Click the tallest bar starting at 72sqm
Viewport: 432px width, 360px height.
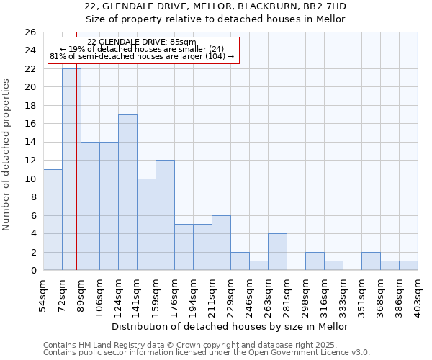[71, 169]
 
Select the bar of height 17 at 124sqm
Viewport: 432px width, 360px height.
[127, 192]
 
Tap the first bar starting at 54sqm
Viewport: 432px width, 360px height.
[53, 220]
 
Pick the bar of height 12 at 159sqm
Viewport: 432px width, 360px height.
[165, 215]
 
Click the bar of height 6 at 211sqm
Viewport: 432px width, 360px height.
[221, 243]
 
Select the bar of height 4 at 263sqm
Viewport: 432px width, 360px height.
[277, 252]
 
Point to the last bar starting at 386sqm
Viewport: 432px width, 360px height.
[408, 266]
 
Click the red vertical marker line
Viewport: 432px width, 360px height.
[76, 180]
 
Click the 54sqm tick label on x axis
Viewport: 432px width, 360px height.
[44, 296]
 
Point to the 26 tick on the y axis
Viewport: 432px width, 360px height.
[30, 32]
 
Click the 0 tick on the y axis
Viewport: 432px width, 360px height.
[32, 271]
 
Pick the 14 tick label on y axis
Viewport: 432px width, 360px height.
[30, 143]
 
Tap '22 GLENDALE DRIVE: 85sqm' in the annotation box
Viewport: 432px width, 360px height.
[141, 42]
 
